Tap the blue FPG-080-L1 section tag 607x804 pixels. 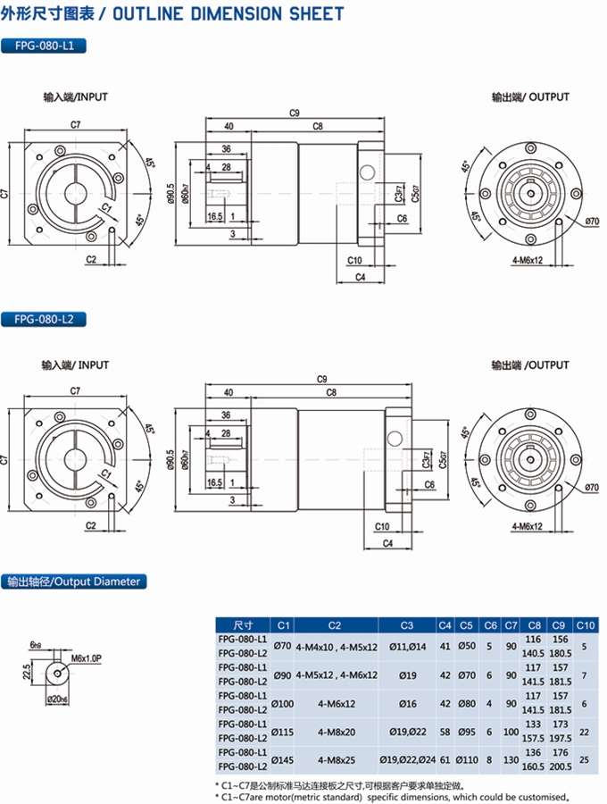click(44, 46)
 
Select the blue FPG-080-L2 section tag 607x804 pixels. click(44, 319)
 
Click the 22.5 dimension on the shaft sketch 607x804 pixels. click(27, 670)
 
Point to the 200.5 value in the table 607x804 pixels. click(560, 766)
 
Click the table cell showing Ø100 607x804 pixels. click(282, 702)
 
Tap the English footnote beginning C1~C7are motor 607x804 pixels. click(393, 796)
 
